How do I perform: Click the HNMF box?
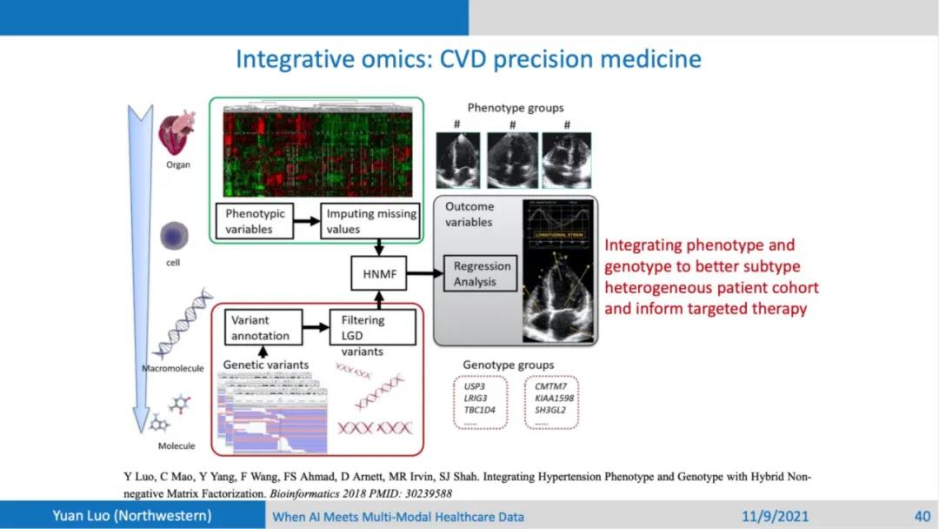point(378,274)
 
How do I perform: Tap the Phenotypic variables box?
point(255,221)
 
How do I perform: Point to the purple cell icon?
point(176,235)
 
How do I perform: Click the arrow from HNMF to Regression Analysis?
point(423,274)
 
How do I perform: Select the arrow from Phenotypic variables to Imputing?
point(305,221)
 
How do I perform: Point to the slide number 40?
point(922,516)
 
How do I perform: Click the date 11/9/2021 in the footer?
point(776,516)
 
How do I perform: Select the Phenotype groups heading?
point(516,109)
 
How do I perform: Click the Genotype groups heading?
point(509,365)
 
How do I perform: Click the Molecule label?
point(176,446)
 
